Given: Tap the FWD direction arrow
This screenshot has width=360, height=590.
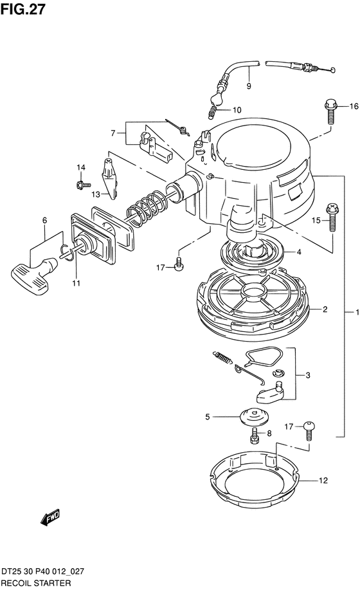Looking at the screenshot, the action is point(50,518).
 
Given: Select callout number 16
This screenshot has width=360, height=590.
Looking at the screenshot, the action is point(354,107).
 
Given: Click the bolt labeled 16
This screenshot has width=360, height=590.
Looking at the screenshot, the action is point(330,111).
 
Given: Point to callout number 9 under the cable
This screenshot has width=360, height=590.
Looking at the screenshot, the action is point(249,86).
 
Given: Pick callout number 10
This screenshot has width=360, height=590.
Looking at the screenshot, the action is point(237,110).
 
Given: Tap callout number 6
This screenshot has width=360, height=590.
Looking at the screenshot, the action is point(45,221).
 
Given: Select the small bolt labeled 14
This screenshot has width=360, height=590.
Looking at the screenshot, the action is point(83,185).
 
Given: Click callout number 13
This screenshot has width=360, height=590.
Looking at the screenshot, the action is point(96,194).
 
